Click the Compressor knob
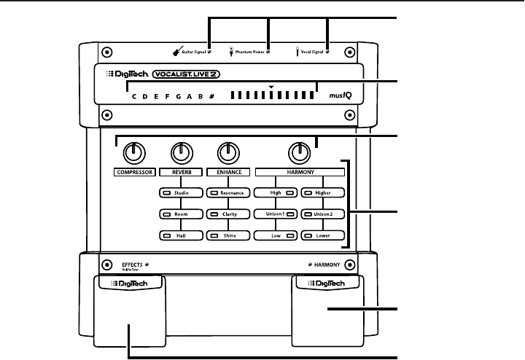(x=133, y=152)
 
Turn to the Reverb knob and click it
(x=180, y=152)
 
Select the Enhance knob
(x=228, y=152)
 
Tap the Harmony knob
(x=297, y=152)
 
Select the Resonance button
(x=227, y=192)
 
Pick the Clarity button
(x=227, y=214)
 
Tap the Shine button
(x=227, y=236)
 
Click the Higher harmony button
(x=322, y=192)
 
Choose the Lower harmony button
(x=322, y=236)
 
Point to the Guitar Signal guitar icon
(x=176, y=52)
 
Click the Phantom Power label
(x=249, y=52)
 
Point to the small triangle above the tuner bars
(x=271, y=87)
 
